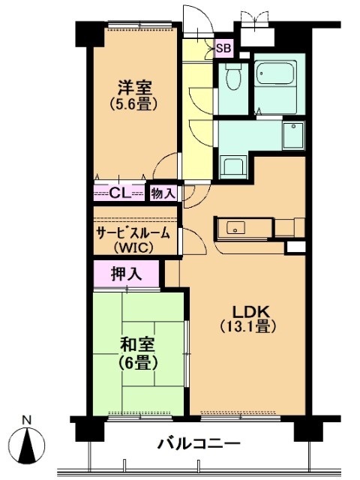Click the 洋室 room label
point(135,88)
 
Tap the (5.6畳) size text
point(133,104)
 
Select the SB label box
point(223,48)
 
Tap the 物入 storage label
point(163,193)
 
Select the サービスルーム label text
point(133,234)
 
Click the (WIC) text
point(133,247)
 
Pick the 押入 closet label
point(127,274)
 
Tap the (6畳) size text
point(138,363)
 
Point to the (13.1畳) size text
point(248,327)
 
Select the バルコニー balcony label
point(198,443)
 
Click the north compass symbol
point(27,443)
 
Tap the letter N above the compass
point(27,420)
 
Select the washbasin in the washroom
point(293,136)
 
